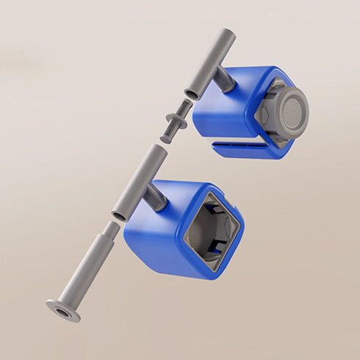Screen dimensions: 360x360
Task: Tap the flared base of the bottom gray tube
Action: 64,310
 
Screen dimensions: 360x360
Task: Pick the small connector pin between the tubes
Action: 173,125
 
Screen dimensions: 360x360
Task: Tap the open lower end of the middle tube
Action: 120,215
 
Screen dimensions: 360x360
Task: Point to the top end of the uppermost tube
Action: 228,34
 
